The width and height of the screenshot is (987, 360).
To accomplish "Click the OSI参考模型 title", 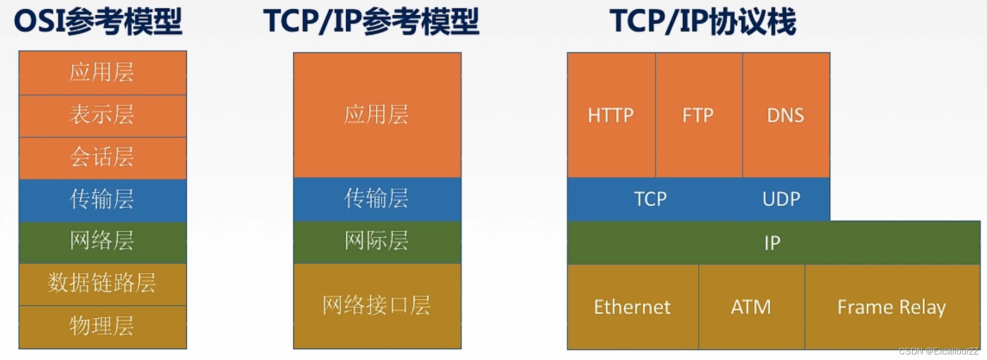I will pyautogui.click(x=98, y=22).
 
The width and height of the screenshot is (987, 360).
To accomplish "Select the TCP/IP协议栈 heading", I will pyautogui.click(x=702, y=22).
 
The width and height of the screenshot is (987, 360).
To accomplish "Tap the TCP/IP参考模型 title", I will pyautogui.click(x=371, y=22).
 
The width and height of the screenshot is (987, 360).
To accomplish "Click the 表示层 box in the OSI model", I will pyautogui.click(x=102, y=115).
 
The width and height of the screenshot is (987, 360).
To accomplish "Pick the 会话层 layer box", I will pyautogui.click(x=102, y=157).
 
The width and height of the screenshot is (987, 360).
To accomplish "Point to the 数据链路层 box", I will pyautogui.click(x=102, y=284).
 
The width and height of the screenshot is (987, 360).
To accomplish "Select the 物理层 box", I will pyautogui.click(x=102, y=326).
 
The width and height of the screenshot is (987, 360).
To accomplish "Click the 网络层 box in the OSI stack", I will pyautogui.click(x=102, y=241).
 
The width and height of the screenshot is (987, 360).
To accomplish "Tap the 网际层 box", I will pyautogui.click(x=377, y=241).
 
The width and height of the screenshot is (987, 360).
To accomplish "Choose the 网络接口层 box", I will pyautogui.click(x=377, y=305).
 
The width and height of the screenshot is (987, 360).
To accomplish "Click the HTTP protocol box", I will pyautogui.click(x=611, y=115).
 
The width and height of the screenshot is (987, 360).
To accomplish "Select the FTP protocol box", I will pyautogui.click(x=698, y=115).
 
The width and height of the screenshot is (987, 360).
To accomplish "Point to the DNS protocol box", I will pyautogui.click(x=785, y=115).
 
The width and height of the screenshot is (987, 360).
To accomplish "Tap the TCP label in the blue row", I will pyautogui.click(x=650, y=199).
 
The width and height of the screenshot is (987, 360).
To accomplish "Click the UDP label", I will pyautogui.click(x=781, y=199).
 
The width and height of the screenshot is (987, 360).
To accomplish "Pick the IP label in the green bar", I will pyautogui.click(x=772, y=243).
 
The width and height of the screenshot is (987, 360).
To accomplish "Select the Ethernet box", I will pyautogui.click(x=632, y=307).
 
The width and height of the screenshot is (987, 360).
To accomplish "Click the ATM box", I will pyautogui.click(x=751, y=307).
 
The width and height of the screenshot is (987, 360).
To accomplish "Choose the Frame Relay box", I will pyautogui.click(x=891, y=307).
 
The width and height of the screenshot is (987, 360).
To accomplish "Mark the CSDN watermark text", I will pyautogui.click(x=938, y=351).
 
